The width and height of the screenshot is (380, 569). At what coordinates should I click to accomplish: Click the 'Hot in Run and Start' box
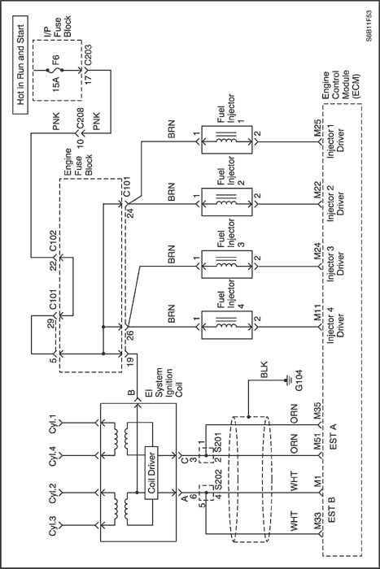(20, 65)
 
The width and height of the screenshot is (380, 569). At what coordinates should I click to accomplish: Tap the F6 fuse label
(56, 60)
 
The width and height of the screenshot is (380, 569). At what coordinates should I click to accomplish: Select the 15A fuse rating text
(57, 84)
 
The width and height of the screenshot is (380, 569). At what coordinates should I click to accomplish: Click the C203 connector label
(88, 55)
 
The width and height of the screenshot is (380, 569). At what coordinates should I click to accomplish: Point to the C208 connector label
(80, 119)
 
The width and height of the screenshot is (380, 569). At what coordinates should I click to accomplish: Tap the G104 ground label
(299, 381)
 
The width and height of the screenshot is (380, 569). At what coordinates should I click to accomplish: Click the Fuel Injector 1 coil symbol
(226, 140)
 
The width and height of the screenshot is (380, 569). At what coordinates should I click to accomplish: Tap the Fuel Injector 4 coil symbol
(226, 324)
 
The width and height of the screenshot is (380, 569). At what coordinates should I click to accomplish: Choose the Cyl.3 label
(53, 525)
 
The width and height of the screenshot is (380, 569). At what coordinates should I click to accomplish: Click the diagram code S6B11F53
(369, 26)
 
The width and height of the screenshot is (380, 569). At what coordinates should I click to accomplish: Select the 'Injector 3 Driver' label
(336, 262)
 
